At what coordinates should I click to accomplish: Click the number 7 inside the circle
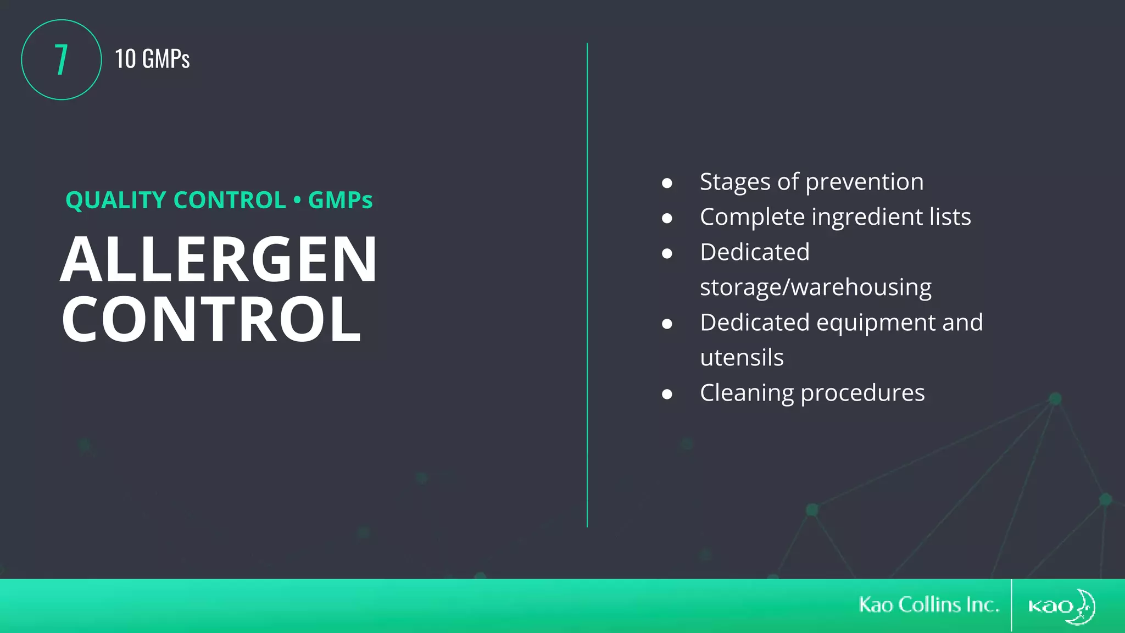point(61,59)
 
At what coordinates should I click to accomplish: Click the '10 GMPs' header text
point(152,59)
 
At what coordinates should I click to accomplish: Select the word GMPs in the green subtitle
point(340,200)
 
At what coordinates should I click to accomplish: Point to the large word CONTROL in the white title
point(211,319)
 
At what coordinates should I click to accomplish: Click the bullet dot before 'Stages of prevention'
point(667,183)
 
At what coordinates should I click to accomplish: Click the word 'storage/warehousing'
point(815,287)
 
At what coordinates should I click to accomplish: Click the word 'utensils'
point(742,358)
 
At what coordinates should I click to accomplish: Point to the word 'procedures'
point(862,393)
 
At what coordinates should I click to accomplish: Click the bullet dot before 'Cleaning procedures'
point(667,394)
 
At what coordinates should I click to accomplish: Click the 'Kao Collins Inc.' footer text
point(929,605)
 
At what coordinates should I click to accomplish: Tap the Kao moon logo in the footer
point(1061,606)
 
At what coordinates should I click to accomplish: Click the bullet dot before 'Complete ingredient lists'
point(667,218)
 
